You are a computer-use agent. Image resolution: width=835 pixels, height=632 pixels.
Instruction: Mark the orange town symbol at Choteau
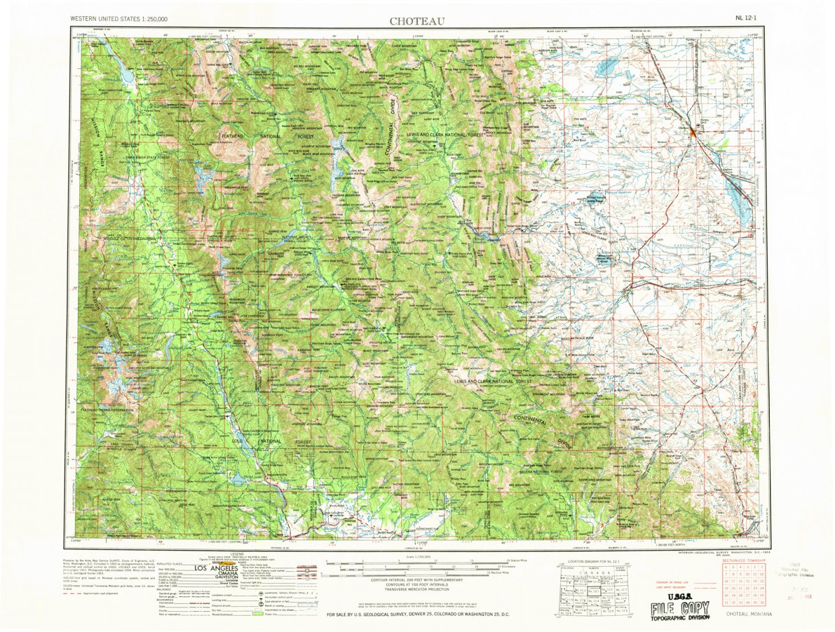[694, 130]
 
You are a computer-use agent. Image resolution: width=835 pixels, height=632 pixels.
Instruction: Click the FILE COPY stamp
[674, 608]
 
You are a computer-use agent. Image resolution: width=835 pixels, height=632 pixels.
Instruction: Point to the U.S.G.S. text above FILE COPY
[669, 595]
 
